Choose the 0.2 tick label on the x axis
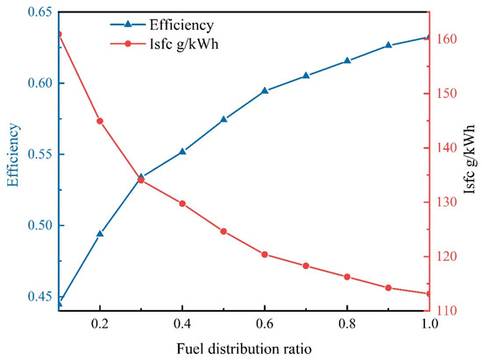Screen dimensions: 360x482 point(100,323)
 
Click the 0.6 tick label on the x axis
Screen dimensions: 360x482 point(265,323)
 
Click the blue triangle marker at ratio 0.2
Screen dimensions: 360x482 point(100,234)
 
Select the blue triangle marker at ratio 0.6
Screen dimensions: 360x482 point(265,90)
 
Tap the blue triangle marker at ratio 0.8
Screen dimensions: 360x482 point(347,60)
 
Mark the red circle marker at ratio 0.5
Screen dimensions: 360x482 point(223,231)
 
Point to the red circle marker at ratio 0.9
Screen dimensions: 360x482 point(388,287)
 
